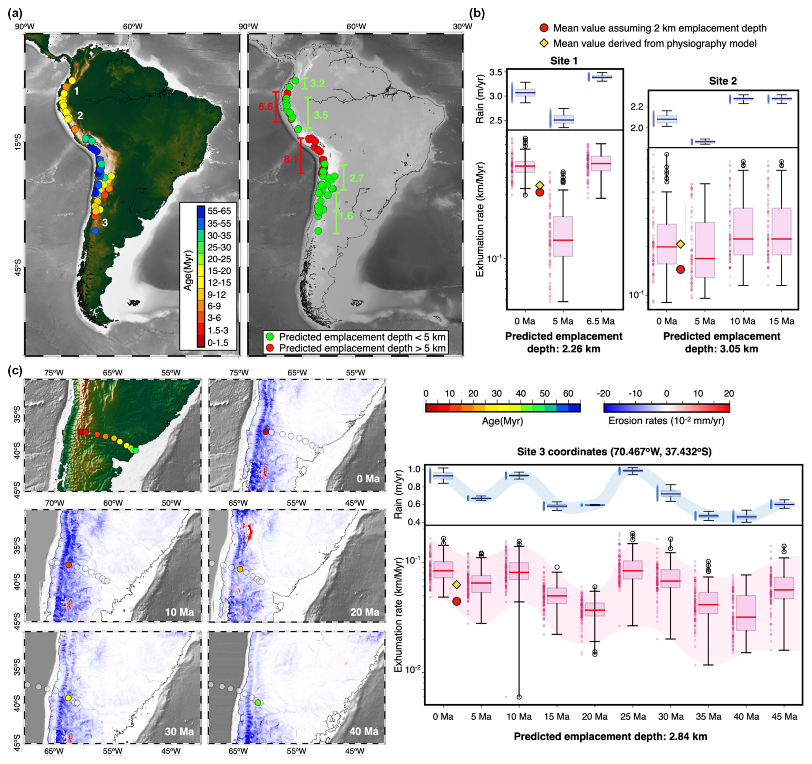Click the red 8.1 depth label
click(x=291, y=159)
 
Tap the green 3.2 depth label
click(x=317, y=84)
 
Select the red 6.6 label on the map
click(x=266, y=106)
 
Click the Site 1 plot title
click(x=564, y=61)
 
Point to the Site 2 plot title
click(x=723, y=81)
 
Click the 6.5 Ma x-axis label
click(x=600, y=321)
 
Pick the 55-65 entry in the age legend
click(x=219, y=211)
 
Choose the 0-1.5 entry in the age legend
click(x=218, y=343)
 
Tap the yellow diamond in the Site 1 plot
click(x=540, y=185)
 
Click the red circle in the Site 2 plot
click(x=680, y=269)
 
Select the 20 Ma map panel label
click(x=364, y=612)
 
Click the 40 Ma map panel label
click(x=364, y=731)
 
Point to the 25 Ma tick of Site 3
click(x=633, y=717)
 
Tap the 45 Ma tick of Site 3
click(x=784, y=717)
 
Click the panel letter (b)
click(x=477, y=13)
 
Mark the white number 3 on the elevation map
click(x=105, y=222)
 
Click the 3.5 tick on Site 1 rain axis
click(x=496, y=72)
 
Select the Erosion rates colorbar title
click(x=666, y=421)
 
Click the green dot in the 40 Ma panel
click(x=258, y=703)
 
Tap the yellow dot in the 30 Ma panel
click(x=68, y=698)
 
